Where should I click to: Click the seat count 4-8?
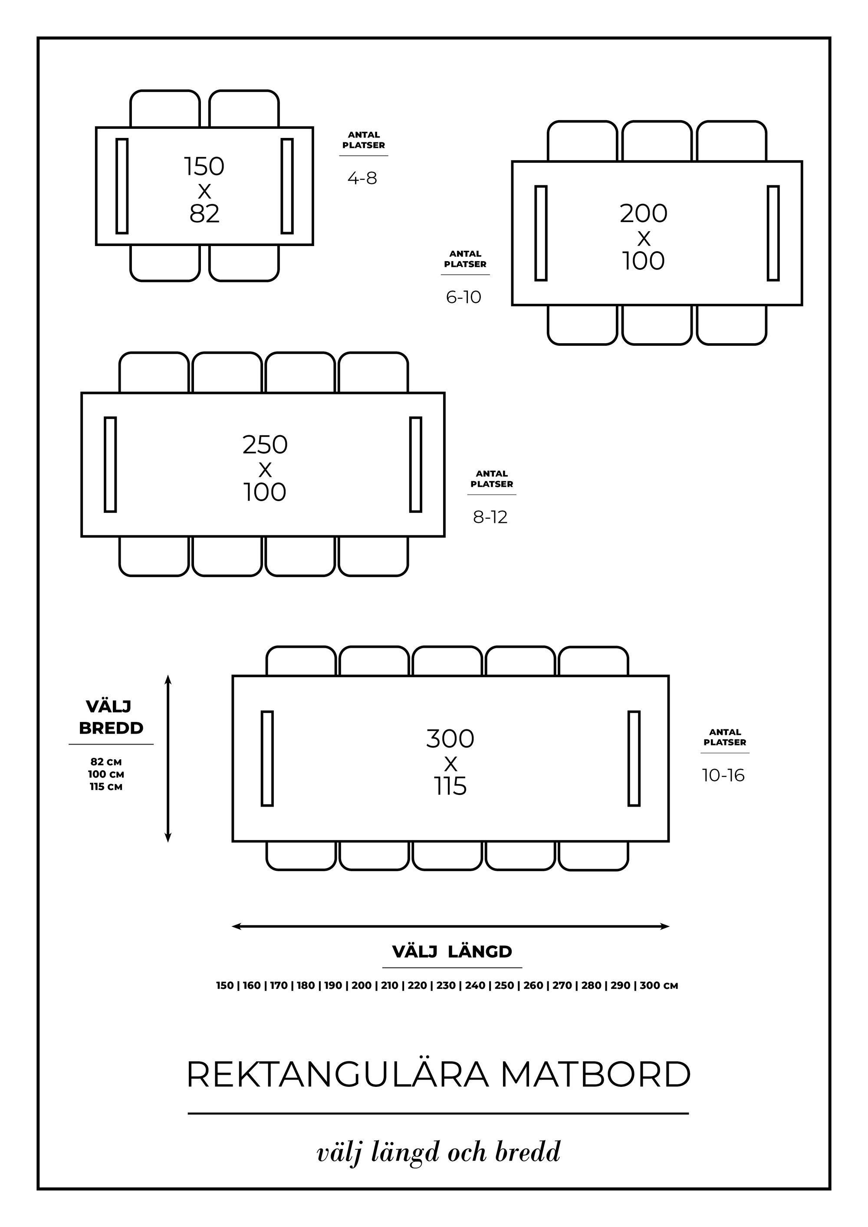pyautogui.click(x=362, y=178)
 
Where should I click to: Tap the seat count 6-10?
pyautogui.click(x=464, y=297)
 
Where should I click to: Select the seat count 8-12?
pyautogui.click(x=490, y=517)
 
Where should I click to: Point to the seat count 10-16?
pyautogui.click(x=723, y=775)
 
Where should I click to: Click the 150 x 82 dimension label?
pyautogui.click(x=204, y=190)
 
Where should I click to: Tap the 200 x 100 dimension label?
pyautogui.click(x=644, y=237)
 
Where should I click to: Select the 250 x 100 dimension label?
pyautogui.click(x=265, y=468)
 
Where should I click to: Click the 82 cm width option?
pyautogui.click(x=106, y=762)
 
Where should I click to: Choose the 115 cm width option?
pyautogui.click(x=106, y=787)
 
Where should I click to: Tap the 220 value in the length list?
pyautogui.click(x=418, y=985)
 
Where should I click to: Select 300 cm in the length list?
pyautogui.click(x=658, y=985)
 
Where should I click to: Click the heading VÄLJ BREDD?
pyautogui.click(x=111, y=717)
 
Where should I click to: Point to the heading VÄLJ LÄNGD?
pyautogui.click(x=452, y=952)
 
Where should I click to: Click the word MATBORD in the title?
pyautogui.click(x=595, y=1075)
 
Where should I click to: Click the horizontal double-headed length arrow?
pyautogui.click(x=450, y=927)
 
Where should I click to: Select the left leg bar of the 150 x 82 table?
pyautogui.click(x=122, y=186)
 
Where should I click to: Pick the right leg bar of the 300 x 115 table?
pyautogui.click(x=634, y=758)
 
